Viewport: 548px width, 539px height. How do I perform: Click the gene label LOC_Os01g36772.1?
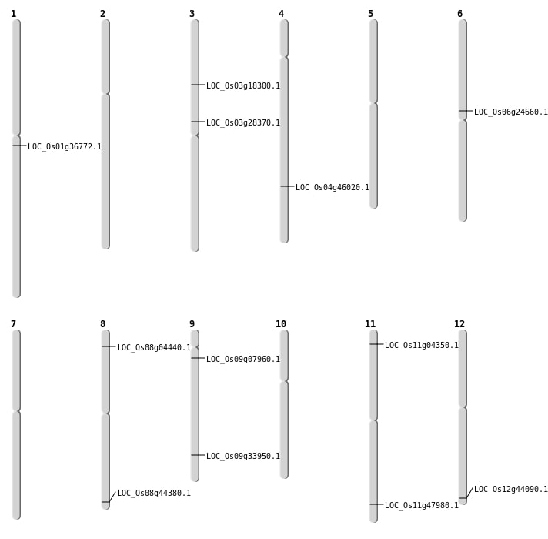point(65,146)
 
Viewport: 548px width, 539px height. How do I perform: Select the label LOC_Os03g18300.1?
point(243,85)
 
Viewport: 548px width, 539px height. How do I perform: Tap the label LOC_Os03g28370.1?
point(243,122)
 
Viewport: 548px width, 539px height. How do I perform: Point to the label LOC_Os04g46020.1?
point(332,187)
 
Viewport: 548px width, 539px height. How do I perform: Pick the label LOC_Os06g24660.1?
point(511,112)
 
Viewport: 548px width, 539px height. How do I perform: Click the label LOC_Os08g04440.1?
point(154,347)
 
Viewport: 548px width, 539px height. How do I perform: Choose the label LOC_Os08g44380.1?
point(154,493)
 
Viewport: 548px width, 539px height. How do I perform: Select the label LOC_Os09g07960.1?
point(243,359)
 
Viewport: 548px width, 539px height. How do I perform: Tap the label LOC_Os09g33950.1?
point(243,456)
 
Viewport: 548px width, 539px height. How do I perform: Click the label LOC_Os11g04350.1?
point(422,346)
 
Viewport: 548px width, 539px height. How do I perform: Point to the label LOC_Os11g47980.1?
point(422,505)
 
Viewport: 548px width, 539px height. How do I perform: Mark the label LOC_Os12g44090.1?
point(511,490)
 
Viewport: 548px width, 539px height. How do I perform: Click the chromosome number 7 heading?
point(13,324)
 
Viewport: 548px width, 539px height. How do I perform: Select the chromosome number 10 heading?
point(281,324)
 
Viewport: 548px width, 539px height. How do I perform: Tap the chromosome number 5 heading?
point(370,14)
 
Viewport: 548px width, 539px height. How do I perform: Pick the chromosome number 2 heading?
point(102,14)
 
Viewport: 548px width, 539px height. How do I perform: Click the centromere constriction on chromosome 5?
point(373,103)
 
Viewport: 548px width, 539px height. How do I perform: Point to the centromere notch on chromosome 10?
point(284,381)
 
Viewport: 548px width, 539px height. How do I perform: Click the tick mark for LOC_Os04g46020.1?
point(287,186)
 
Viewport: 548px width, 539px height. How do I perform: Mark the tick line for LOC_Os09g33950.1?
point(198,455)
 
